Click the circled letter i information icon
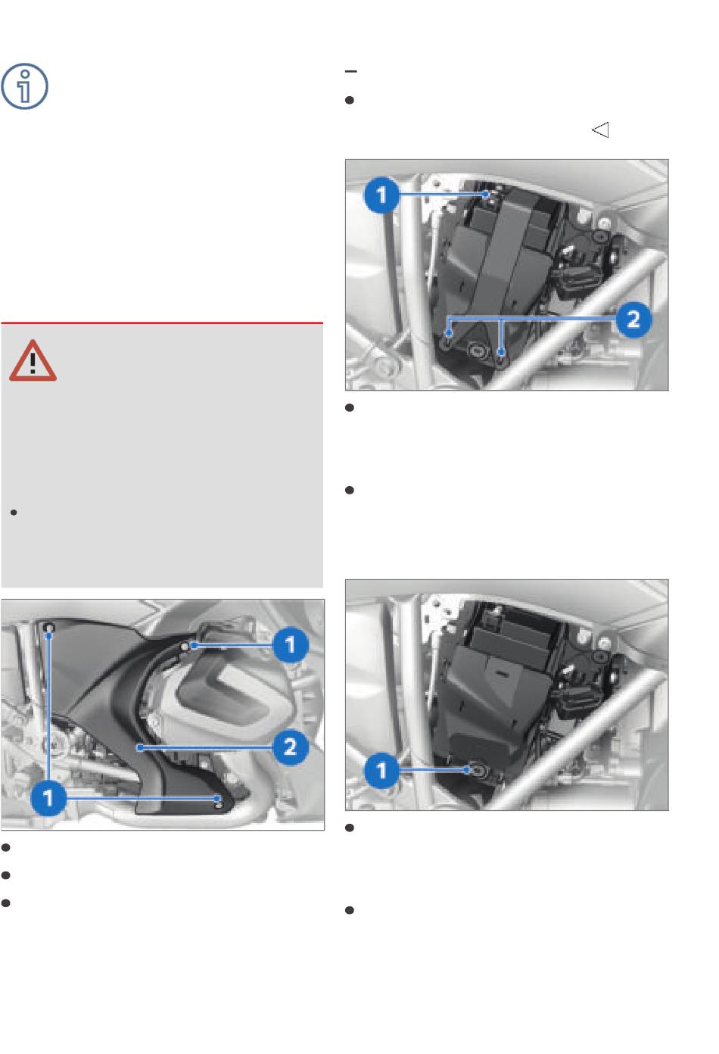click(24, 86)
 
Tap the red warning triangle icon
click(33, 361)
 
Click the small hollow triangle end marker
click(600, 130)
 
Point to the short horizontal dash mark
click(351, 71)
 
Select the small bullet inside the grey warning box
click(14, 513)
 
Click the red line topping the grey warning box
click(162, 323)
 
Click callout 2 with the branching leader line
click(633, 320)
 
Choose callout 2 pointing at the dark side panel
click(290, 747)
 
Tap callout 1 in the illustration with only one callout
click(381, 771)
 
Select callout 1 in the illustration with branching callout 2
click(381, 195)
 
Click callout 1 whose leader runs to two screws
click(48, 798)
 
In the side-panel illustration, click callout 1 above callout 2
click(290, 644)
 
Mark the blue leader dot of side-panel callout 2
click(140, 747)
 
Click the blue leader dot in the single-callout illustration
click(466, 770)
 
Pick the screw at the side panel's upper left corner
click(49, 627)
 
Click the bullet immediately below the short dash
click(350, 100)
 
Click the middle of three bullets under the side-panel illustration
click(5, 875)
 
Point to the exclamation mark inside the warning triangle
click(33, 363)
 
